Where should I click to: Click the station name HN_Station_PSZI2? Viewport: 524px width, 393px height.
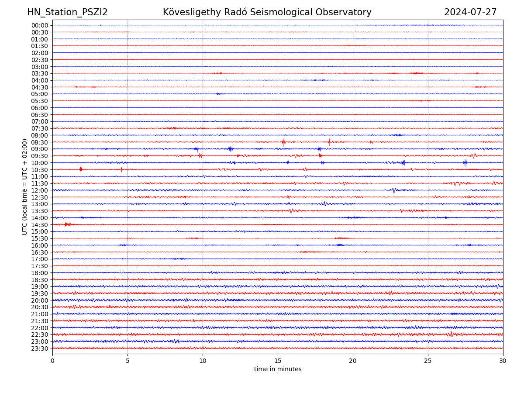[x=67, y=12]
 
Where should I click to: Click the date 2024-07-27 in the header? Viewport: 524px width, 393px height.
[x=470, y=12]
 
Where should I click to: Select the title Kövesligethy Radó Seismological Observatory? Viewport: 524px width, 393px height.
[x=267, y=12]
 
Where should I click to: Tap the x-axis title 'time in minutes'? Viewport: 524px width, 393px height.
[x=278, y=369]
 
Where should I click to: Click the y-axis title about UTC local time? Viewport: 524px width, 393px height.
[x=25, y=187]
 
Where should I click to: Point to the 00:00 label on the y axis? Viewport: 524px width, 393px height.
[x=39, y=25]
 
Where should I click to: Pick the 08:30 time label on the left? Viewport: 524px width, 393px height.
[x=39, y=142]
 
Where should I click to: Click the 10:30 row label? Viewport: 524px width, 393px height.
[x=39, y=170]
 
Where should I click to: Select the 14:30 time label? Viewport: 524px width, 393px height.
[x=39, y=225]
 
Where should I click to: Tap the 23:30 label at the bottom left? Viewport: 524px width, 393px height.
[x=39, y=348]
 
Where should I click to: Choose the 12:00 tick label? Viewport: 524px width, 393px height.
[x=39, y=190]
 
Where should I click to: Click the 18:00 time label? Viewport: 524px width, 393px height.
[x=39, y=273]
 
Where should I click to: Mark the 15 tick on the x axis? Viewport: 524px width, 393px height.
[x=278, y=361]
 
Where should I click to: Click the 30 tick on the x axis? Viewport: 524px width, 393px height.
[x=503, y=361]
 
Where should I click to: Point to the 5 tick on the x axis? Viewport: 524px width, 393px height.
[x=128, y=361]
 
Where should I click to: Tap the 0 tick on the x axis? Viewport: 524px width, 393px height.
[x=52, y=361]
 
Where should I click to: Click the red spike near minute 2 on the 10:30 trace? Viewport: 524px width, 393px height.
[x=80, y=169]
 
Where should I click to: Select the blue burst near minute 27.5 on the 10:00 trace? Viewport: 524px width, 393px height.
[x=465, y=163]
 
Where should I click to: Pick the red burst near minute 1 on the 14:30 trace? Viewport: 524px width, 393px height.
[x=66, y=224]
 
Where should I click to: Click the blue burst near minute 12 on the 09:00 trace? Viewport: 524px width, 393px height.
[x=231, y=149]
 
